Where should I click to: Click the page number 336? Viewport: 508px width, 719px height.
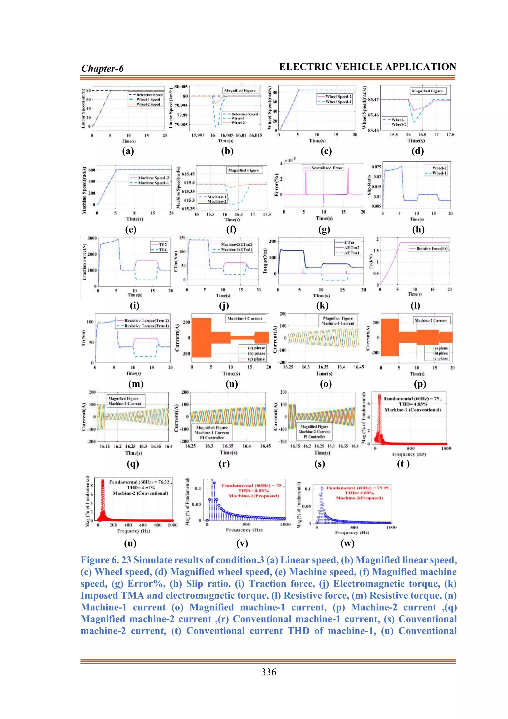[x=268, y=672]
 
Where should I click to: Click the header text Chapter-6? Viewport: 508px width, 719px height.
[x=102, y=68]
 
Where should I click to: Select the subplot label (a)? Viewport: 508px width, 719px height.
[x=128, y=151]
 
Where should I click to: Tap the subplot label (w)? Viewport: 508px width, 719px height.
[x=347, y=543]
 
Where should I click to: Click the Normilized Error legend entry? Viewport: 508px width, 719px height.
[x=327, y=168]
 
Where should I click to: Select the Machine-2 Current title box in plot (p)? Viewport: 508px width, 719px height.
[x=430, y=320]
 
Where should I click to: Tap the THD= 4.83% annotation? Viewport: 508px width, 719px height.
[x=413, y=404]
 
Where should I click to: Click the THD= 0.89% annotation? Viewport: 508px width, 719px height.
[x=359, y=493]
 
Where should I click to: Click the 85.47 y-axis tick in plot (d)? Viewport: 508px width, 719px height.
[x=373, y=100]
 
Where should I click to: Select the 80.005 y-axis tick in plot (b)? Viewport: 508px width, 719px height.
[x=181, y=87]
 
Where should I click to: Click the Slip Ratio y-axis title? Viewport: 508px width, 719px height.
[x=369, y=185]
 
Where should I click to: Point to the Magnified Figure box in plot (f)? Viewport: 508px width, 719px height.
[x=243, y=170]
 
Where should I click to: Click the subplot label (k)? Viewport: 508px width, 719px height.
[x=322, y=306]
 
